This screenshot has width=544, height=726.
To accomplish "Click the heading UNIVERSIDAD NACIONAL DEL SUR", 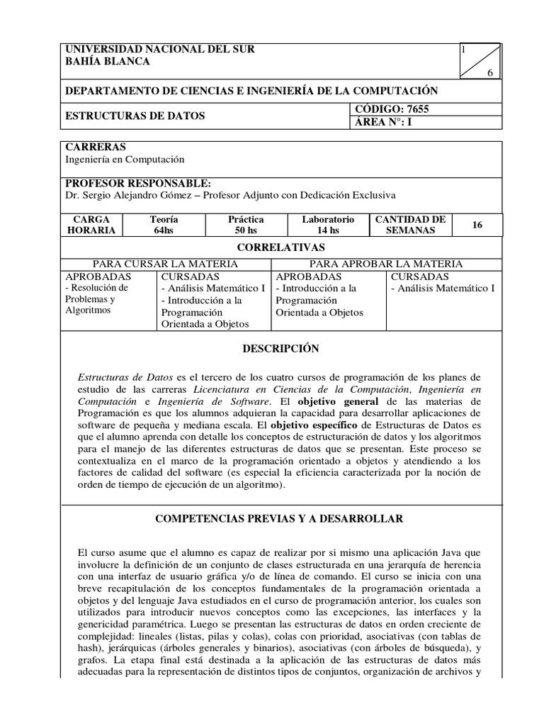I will (159, 50).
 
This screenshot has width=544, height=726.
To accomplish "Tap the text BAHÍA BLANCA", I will (107, 62).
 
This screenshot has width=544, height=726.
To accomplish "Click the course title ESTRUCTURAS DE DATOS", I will (135, 116).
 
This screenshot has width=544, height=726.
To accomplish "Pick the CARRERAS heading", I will (96, 147).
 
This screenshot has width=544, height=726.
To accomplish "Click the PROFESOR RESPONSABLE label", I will (138, 183).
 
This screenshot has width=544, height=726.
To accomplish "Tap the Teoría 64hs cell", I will (164, 225).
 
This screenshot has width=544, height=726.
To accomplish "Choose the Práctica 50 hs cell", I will (245, 225).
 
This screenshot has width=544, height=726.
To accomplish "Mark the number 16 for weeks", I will (476, 225).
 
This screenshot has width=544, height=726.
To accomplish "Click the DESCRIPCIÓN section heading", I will (280, 349).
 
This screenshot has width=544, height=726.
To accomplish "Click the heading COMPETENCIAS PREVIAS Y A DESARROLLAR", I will (280, 519).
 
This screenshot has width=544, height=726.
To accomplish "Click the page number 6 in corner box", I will (489, 74).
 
